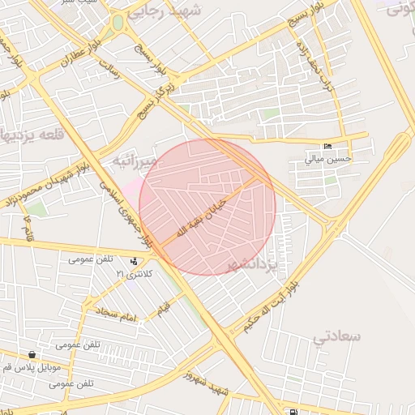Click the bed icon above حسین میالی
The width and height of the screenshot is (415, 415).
[327, 147]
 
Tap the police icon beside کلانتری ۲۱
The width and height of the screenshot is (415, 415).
[134, 261]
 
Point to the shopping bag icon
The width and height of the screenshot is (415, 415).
[32, 354]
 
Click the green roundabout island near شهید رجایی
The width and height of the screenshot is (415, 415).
[118, 23]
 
